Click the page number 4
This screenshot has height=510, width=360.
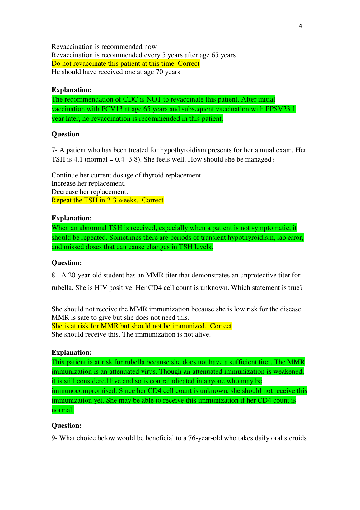coord(300,26)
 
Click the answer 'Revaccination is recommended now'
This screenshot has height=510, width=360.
coord(104,47)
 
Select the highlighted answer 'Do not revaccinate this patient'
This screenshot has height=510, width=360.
coord(113,64)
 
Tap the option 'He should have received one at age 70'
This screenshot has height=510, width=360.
coord(115,72)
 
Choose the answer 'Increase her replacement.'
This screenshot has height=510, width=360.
coord(88,183)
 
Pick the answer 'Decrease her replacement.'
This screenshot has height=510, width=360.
coord(90,192)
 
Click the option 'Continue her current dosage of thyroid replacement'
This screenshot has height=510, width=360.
coord(127,175)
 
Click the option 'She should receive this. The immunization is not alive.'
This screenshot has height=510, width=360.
coord(131,334)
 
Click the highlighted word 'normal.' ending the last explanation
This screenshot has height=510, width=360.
coord(63,410)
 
